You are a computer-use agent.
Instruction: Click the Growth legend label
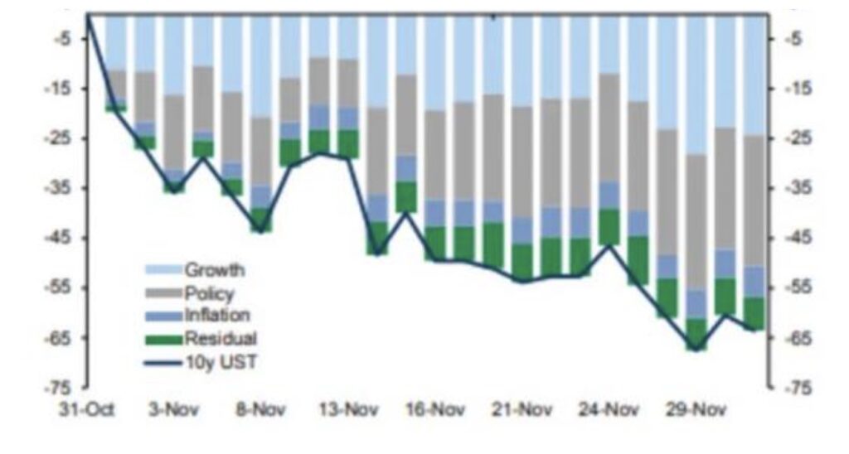coord(214,269)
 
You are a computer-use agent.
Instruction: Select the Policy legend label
coord(209,292)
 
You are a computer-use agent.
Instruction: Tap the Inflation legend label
coord(216,315)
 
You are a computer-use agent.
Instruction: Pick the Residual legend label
coord(221,338)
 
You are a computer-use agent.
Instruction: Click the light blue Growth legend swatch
coord(163,270)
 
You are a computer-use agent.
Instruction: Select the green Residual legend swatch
coord(163,338)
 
